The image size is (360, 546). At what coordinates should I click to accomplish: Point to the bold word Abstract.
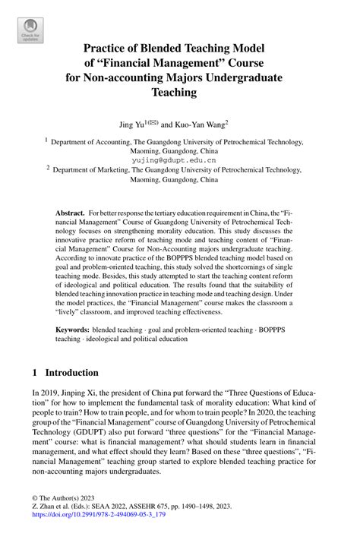[x=69, y=215]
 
